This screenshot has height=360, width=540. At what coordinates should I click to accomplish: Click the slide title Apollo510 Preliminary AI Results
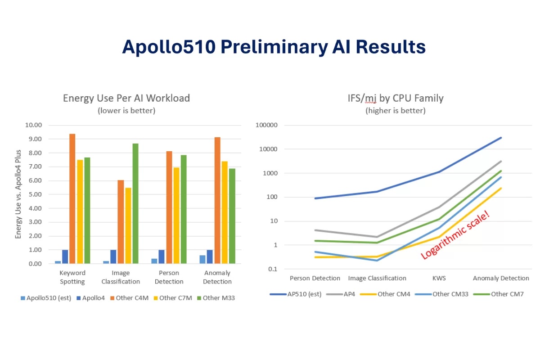pyautogui.click(x=274, y=47)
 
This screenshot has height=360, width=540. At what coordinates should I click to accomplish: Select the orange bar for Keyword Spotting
pyautogui.click(x=72, y=198)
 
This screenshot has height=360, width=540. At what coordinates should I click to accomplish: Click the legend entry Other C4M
pyautogui.click(x=131, y=298)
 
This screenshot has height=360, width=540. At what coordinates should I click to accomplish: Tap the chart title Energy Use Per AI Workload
pyautogui.click(x=126, y=98)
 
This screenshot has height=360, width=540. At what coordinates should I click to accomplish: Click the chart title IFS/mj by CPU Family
pyautogui.click(x=395, y=98)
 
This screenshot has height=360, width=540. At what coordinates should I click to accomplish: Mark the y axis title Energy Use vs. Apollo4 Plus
pyautogui.click(x=18, y=194)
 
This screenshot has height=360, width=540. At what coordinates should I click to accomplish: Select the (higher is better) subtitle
pyautogui.click(x=395, y=110)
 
